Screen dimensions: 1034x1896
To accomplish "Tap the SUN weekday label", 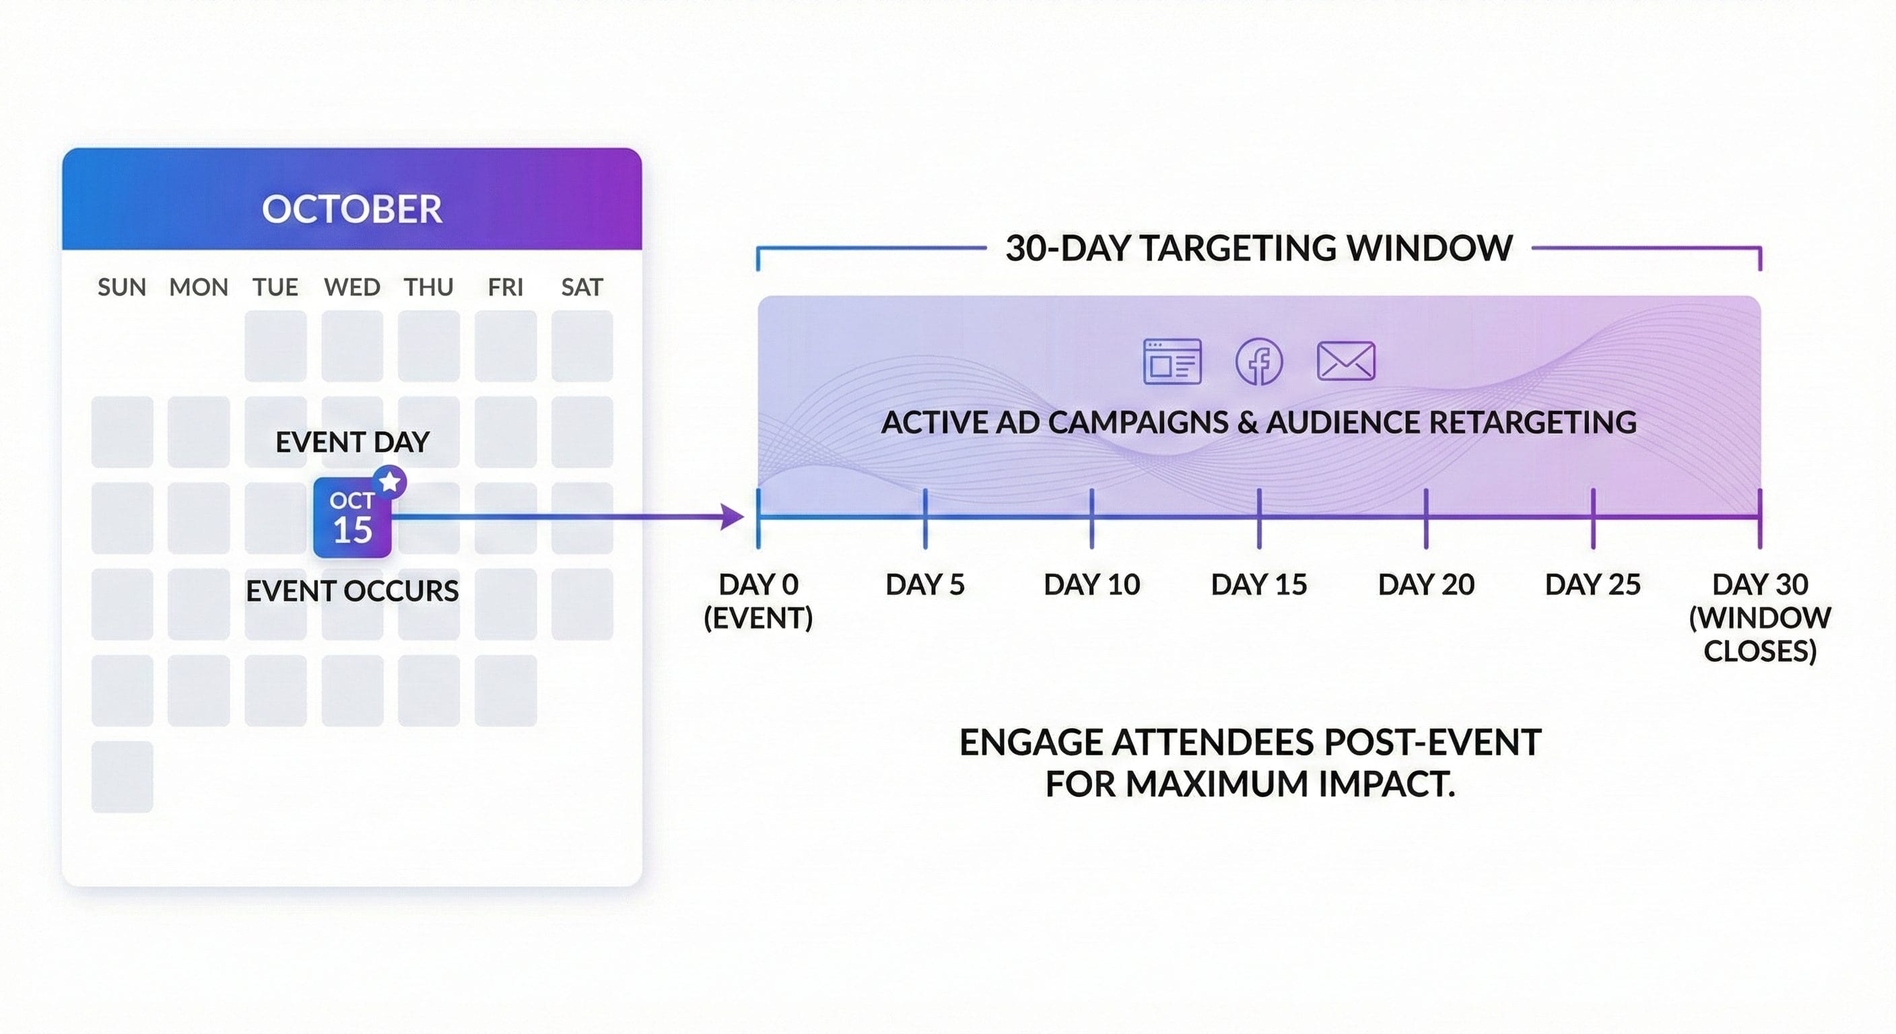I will [x=121, y=287].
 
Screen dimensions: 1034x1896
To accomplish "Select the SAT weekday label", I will [x=582, y=287].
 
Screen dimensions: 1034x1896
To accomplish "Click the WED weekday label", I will [x=352, y=287].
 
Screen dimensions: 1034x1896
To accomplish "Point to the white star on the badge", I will [x=389, y=482].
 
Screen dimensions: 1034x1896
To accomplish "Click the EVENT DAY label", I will [x=352, y=442].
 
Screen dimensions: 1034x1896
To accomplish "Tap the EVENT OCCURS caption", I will [x=352, y=591].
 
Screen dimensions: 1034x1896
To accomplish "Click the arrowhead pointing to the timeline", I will [x=732, y=516].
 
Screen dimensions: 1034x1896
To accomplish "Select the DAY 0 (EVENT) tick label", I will [x=758, y=600].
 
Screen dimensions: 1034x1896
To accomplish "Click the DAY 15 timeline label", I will [x=1258, y=585].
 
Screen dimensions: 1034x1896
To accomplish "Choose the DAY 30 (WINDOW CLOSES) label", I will [x=1759, y=617].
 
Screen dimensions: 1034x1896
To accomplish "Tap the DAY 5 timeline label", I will [x=924, y=585].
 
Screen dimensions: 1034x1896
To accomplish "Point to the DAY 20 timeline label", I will [x=1425, y=585].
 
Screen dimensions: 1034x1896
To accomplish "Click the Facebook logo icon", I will [x=1258, y=361].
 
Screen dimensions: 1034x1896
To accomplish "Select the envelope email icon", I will [x=1345, y=361].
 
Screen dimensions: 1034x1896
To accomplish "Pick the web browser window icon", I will [x=1172, y=361].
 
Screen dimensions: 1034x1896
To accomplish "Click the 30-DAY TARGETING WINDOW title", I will [x=1258, y=248].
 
